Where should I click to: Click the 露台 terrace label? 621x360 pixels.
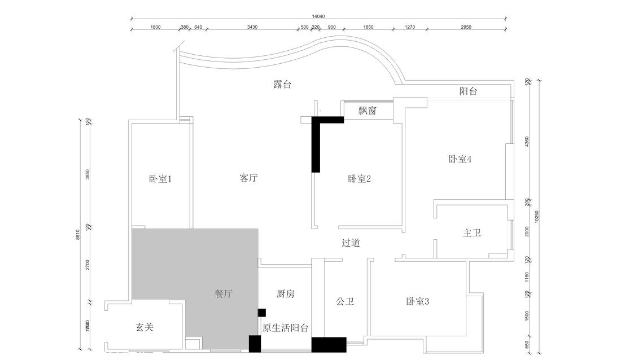(282, 85)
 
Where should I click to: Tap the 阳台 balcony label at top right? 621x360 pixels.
(468, 91)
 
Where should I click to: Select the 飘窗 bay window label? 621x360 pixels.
(367, 111)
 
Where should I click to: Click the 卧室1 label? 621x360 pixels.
(160, 179)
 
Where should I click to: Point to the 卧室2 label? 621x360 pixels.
(359, 179)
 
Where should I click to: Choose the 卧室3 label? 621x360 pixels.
(418, 301)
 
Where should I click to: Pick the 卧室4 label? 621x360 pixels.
(460, 159)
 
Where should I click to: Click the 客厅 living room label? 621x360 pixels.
(248, 178)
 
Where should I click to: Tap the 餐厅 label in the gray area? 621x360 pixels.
(224, 294)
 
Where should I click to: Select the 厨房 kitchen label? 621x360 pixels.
(285, 294)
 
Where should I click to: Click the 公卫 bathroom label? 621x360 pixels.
(344, 301)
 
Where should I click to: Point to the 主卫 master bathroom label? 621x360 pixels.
(471, 232)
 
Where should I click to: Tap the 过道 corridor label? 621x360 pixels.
(351, 243)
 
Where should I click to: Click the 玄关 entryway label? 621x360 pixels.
(145, 327)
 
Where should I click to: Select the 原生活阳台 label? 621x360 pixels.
(285, 327)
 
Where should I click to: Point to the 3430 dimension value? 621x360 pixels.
(252, 27)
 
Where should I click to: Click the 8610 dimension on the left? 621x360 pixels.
(78, 234)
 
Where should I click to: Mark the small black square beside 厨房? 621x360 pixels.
(261, 313)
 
